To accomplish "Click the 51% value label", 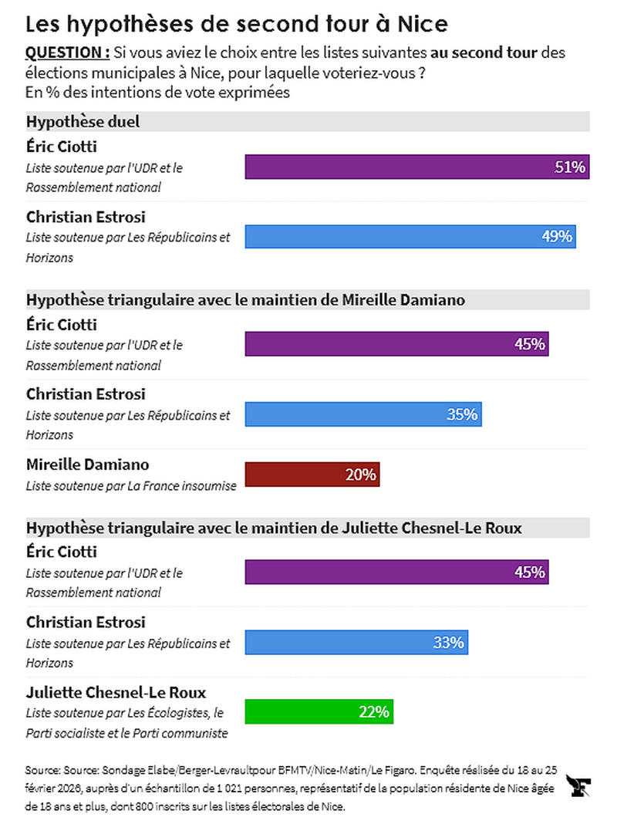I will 570,167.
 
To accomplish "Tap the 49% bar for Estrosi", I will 410,236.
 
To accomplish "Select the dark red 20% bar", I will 312,474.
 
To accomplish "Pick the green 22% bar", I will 319,711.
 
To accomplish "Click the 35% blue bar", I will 362,414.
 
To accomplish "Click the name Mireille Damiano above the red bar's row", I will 87,464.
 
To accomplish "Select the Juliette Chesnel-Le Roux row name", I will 116,692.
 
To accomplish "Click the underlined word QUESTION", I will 67,52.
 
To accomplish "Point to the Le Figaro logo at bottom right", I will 579,786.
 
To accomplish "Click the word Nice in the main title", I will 422,24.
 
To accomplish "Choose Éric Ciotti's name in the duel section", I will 62,147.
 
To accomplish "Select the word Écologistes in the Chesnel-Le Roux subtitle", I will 174,712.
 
